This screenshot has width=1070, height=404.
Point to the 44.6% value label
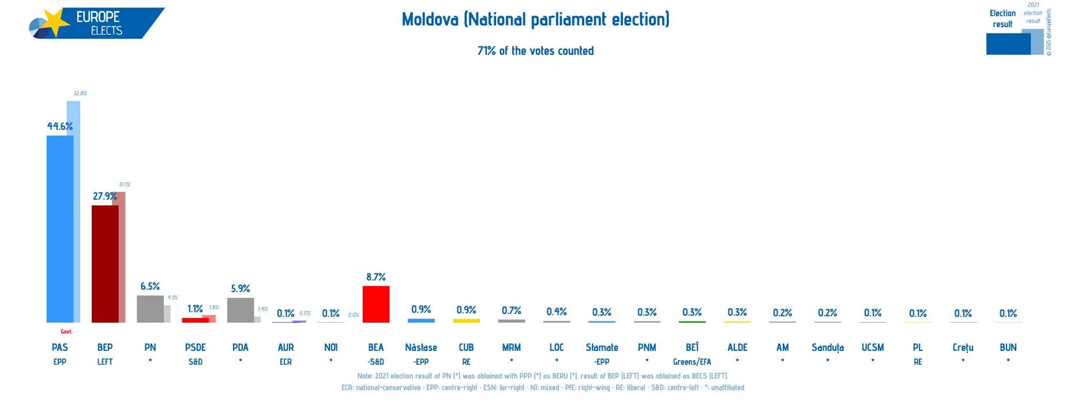[x=59, y=126]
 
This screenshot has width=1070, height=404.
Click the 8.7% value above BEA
[x=376, y=277]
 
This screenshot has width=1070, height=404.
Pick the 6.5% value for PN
[x=150, y=286]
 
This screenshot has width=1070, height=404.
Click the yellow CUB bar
[x=466, y=320]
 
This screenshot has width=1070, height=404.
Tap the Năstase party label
[x=421, y=347]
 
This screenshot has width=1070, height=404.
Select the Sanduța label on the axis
[x=827, y=347]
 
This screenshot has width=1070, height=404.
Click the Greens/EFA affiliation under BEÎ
[x=692, y=362]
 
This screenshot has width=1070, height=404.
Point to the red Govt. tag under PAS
[x=66, y=332]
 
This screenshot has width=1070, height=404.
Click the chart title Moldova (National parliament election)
[x=535, y=20]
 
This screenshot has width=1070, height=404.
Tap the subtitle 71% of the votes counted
[x=535, y=51]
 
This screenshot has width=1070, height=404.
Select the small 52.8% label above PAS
[x=80, y=93]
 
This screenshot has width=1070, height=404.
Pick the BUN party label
[x=1008, y=347]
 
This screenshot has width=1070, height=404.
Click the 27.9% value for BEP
[x=104, y=196]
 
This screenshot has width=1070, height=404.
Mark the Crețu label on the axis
[x=963, y=347]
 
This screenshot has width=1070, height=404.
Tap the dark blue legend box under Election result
[x=1008, y=44]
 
